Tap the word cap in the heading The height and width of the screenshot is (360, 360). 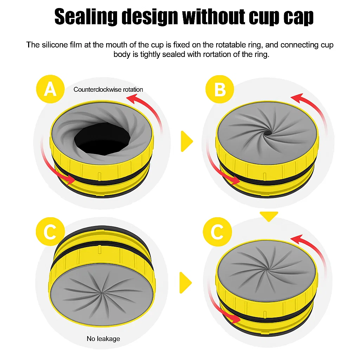(296, 17)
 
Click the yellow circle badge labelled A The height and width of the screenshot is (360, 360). (50, 89)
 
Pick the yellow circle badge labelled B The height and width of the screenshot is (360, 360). (220, 89)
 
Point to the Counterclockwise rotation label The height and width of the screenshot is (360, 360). (108, 89)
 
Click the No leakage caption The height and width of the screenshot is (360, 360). (103, 339)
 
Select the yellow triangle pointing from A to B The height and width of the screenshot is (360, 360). (187, 141)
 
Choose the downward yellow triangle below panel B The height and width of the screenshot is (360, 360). (269, 216)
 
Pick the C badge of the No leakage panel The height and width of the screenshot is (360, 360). (50, 232)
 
